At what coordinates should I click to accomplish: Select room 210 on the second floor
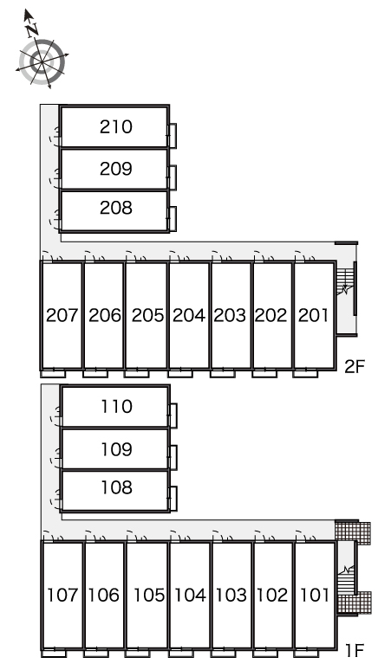114,126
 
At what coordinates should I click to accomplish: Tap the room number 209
116,169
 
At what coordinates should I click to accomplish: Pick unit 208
114,210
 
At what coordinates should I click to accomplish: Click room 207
62,315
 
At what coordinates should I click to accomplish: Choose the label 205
147,315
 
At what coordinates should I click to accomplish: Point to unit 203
231,315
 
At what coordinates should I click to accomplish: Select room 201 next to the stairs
315,315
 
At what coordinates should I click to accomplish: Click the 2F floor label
355,366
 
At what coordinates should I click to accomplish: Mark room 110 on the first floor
115,406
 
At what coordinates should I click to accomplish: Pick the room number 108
116,487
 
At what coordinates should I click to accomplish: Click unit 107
62,595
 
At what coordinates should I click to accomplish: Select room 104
190,595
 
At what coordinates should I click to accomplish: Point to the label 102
272,595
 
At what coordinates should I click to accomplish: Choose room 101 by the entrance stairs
315,595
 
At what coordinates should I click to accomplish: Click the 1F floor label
355,650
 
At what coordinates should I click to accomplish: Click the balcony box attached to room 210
173,135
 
